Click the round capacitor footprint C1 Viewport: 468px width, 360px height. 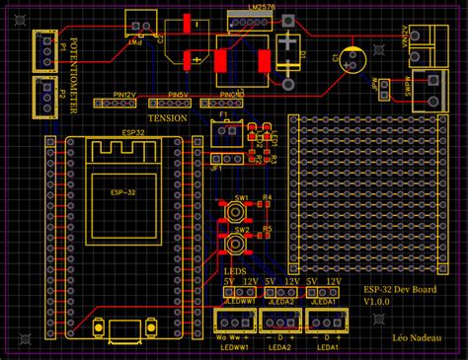coord(352,58)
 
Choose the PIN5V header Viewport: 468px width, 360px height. coord(169,103)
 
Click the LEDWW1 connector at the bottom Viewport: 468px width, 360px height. coord(233,320)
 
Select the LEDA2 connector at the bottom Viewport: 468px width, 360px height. coord(277,320)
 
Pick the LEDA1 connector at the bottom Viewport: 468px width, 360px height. coord(327,320)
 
